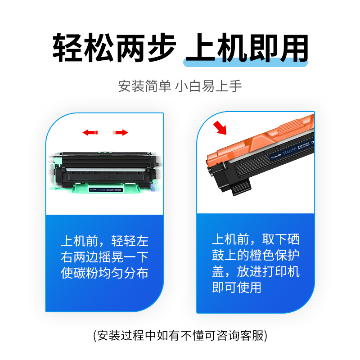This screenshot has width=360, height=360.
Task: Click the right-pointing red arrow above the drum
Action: tap(120, 132)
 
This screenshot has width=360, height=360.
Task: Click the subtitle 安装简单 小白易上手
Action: tap(180, 85)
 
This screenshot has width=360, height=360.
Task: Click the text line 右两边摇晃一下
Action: tap(104, 257)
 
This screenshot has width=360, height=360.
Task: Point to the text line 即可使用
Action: tap(236, 287)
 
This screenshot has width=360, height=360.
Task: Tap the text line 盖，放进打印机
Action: tap(256, 271)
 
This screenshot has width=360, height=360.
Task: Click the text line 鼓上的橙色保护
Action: tap(256, 255)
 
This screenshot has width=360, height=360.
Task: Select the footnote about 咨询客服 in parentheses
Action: tap(180, 335)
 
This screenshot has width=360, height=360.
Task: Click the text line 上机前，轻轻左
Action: tap(104, 241)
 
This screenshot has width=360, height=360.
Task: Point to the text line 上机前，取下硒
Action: tap(256, 239)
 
